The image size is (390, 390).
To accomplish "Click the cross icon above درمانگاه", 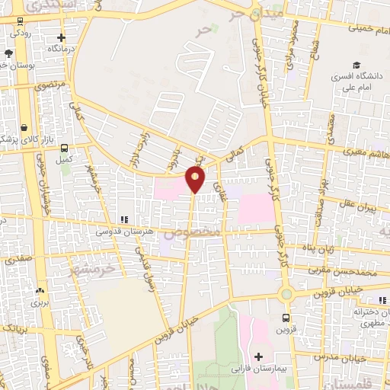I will pos(62,37).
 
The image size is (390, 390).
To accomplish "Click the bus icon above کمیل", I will pos(64,149).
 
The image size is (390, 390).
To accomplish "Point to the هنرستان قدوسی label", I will pos(123,229).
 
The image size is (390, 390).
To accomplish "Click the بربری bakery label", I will pos(40,302).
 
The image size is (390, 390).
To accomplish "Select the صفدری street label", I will pos(19,260).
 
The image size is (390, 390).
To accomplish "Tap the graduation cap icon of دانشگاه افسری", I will pos(355,66).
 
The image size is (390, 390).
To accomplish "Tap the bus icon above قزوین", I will pos(286,318).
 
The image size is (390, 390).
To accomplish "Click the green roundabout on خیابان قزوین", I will pos(286,294).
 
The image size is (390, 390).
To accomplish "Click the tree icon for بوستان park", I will pos(8,53).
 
